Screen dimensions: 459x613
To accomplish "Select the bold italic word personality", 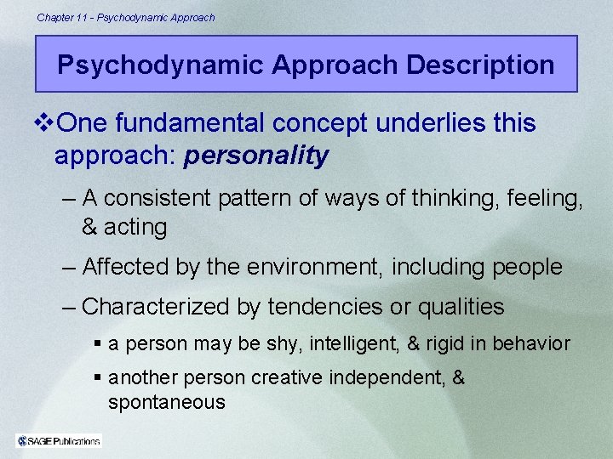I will click(x=255, y=156).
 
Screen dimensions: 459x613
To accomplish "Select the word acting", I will click(x=136, y=227).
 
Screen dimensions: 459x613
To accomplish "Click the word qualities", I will click(x=459, y=306).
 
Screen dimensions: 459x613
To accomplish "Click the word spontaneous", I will click(x=167, y=402).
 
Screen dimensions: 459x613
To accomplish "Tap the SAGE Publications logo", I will click(x=59, y=439).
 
